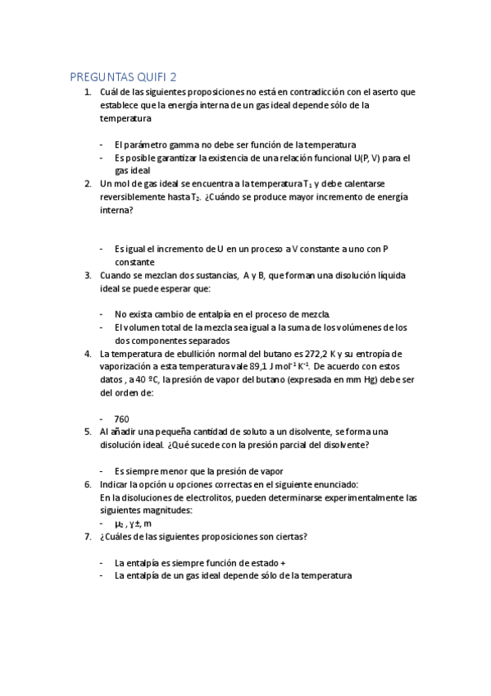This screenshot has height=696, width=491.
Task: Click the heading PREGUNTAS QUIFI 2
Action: tap(129, 77)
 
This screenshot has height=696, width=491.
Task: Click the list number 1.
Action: tap(88, 92)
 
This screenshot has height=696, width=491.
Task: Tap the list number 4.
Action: tap(88, 354)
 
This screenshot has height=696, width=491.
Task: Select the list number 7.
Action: tap(88, 537)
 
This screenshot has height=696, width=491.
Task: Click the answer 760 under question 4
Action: tap(122, 419)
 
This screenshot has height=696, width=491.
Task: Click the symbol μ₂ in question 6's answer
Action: tap(120, 524)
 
